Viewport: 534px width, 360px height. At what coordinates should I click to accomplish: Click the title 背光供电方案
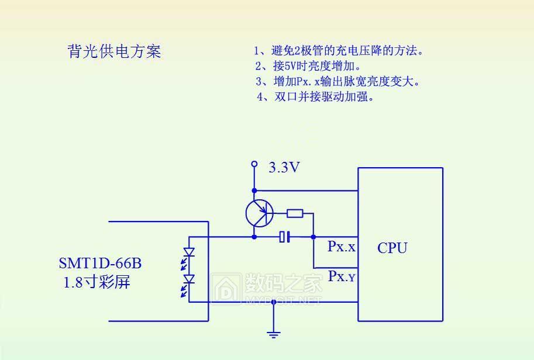click(114, 52)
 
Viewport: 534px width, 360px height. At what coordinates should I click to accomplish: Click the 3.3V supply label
click(284, 168)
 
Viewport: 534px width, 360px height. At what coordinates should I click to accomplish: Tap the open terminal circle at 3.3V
click(254, 164)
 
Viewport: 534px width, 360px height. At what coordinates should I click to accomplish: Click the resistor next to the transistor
click(295, 213)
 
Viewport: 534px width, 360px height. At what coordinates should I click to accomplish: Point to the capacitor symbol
click(285, 237)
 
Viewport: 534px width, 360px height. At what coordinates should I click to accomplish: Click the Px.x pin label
click(341, 247)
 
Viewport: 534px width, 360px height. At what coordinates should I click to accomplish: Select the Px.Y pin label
click(341, 276)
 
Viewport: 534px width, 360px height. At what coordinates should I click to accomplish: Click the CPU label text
click(392, 248)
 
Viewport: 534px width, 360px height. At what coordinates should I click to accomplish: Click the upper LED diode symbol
click(189, 252)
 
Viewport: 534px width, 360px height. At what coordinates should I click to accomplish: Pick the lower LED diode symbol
click(189, 280)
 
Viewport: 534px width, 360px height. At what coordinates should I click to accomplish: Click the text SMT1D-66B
click(100, 264)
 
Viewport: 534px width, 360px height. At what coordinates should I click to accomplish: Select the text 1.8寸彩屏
click(97, 283)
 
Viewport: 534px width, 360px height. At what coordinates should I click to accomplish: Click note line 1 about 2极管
click(338, 51)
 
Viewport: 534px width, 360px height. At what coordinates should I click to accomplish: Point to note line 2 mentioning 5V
click(308, 66)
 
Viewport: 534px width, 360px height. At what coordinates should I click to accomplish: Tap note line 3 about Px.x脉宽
click(337, 81)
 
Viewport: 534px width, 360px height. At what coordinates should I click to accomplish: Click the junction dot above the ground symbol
click(273, 302)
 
